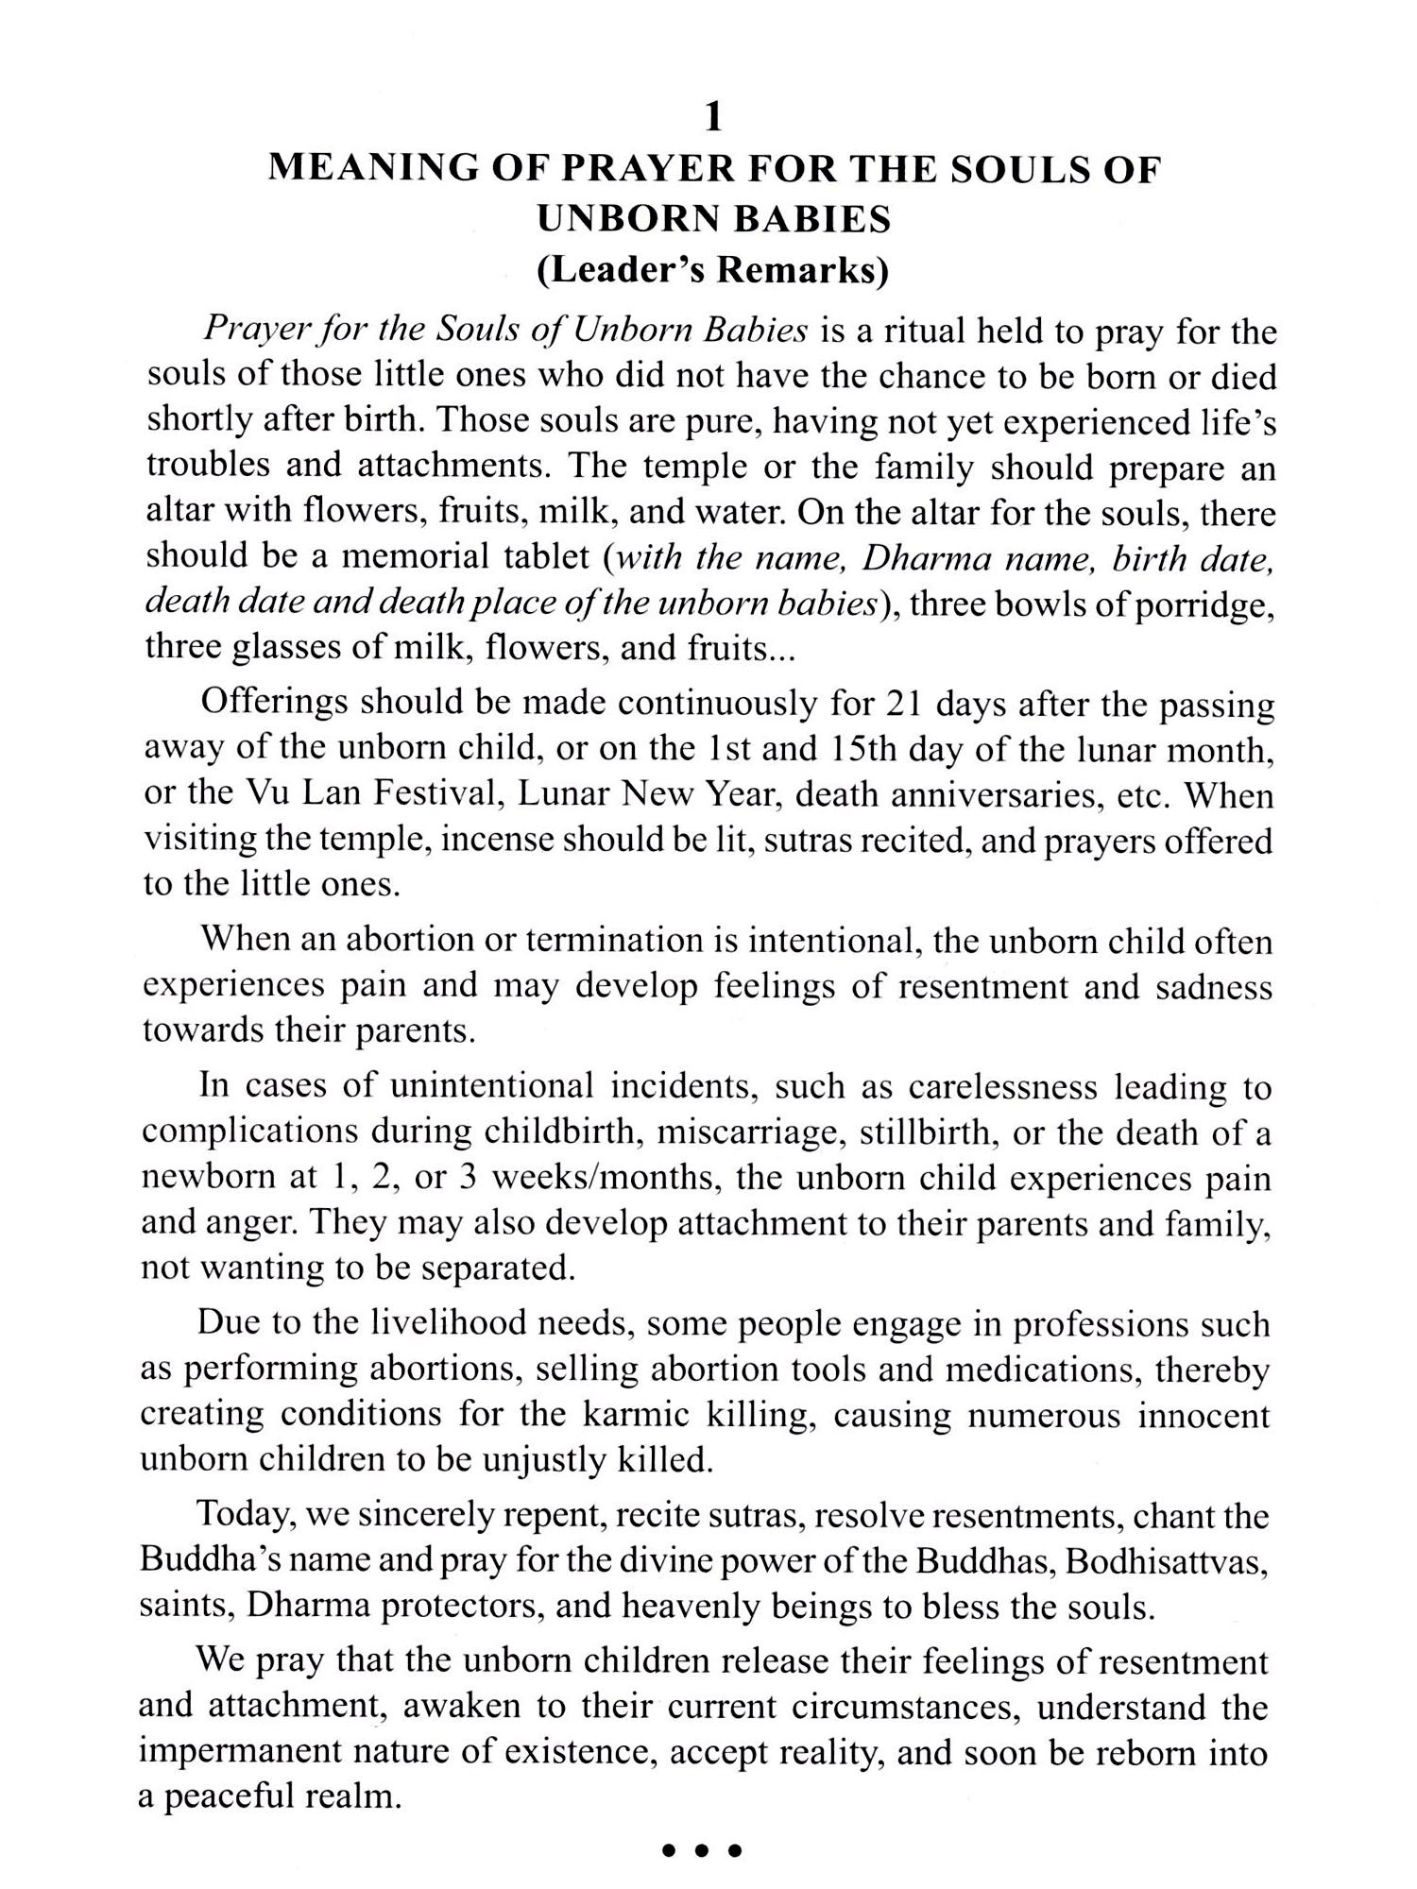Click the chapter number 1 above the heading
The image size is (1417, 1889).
tap(714, 117)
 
